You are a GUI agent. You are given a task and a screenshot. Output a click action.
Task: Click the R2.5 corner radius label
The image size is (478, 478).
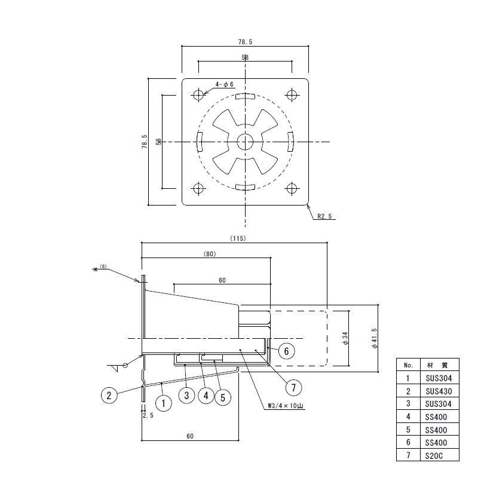tap(324, 216)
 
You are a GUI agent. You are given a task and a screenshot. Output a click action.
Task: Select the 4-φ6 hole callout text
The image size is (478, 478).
tap(225, 84)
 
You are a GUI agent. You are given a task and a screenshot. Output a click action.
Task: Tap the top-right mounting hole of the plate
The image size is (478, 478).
tap(292, 95)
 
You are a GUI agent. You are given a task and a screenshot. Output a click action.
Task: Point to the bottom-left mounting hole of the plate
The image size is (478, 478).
tap(198, 188)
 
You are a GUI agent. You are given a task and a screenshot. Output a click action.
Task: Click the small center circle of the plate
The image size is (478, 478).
tap(245, 142)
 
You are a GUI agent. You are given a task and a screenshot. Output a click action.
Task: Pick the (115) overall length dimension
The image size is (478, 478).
tap(238, 238)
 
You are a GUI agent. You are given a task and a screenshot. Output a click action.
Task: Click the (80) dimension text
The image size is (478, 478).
tap(210, 254)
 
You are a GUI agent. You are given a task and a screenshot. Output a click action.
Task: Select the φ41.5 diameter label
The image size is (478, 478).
tap(375, 338)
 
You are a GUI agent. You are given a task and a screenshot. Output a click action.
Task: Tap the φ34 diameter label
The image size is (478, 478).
tap(345, 338)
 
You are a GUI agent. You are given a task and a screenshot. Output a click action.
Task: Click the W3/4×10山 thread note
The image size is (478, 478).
tap(286, 406)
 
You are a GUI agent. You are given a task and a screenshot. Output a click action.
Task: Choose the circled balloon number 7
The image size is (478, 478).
tap(293, 387)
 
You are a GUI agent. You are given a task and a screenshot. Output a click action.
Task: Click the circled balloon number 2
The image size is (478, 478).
tap(109, 396)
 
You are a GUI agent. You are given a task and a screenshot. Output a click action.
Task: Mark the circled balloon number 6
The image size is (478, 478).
tap(286, 351)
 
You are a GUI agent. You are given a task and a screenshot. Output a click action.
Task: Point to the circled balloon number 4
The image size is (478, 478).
tap(206, 396)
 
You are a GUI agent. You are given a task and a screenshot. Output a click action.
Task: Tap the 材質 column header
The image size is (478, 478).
tap(438, 365)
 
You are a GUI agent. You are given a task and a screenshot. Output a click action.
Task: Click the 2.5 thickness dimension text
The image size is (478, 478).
tap(148, 415)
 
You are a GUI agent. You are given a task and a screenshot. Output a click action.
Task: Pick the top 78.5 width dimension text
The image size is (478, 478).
tap(245, 42)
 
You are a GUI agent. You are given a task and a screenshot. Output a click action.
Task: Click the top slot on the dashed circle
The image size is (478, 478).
tap(245, 96)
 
